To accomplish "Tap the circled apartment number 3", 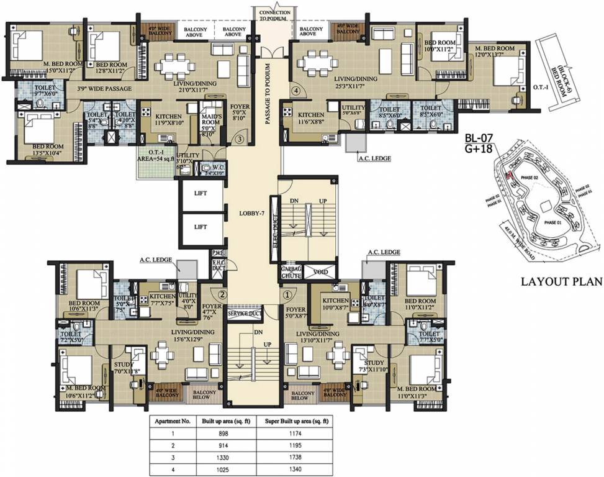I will click(x=239, y=140).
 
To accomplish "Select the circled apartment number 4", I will click(x=296, y=91).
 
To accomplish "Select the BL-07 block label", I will click(x=479, y=138).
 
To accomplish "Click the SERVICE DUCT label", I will click(x=245, y=314).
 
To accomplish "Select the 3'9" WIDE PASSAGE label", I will click(x=104, y=89).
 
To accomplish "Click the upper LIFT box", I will click(x=201, y=193).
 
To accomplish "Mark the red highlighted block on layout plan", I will click(x=508, y=176).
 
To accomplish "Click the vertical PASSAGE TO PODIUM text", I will click(x=269, y=93).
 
